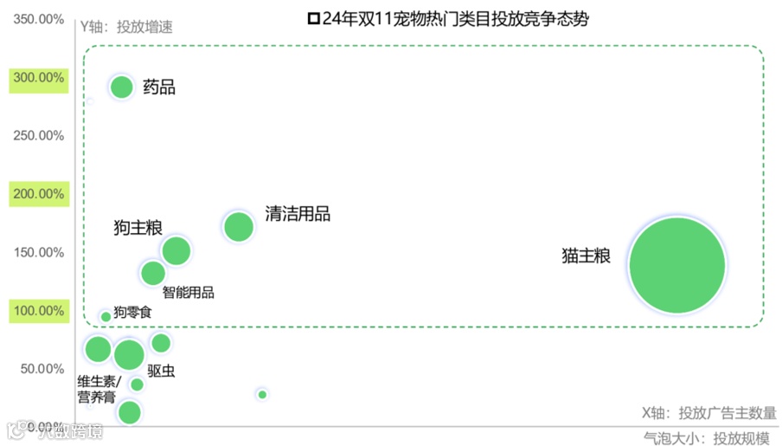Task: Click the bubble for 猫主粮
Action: click(676, 265)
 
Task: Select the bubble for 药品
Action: click(122, 87)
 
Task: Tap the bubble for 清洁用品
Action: click(238, 227)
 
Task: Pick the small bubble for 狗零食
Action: click(106, 316)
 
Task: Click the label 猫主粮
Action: click(586, 257)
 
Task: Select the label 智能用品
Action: click(188, 292)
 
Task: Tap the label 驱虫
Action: click(161, 371)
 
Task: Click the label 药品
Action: click(158, 87)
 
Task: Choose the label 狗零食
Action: click(132, 312)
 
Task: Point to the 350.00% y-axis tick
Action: click(39, 19)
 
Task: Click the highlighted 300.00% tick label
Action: click(39, 78)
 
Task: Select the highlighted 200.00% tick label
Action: click(39, 194)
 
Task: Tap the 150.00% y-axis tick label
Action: click(39, 253)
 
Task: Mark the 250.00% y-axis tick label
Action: click(39, 136)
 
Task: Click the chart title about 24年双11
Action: click(448, 18)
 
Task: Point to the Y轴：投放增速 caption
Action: click(126, 26)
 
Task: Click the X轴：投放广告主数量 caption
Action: click(708, 413)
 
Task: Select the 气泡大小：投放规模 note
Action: click(707, 438)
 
